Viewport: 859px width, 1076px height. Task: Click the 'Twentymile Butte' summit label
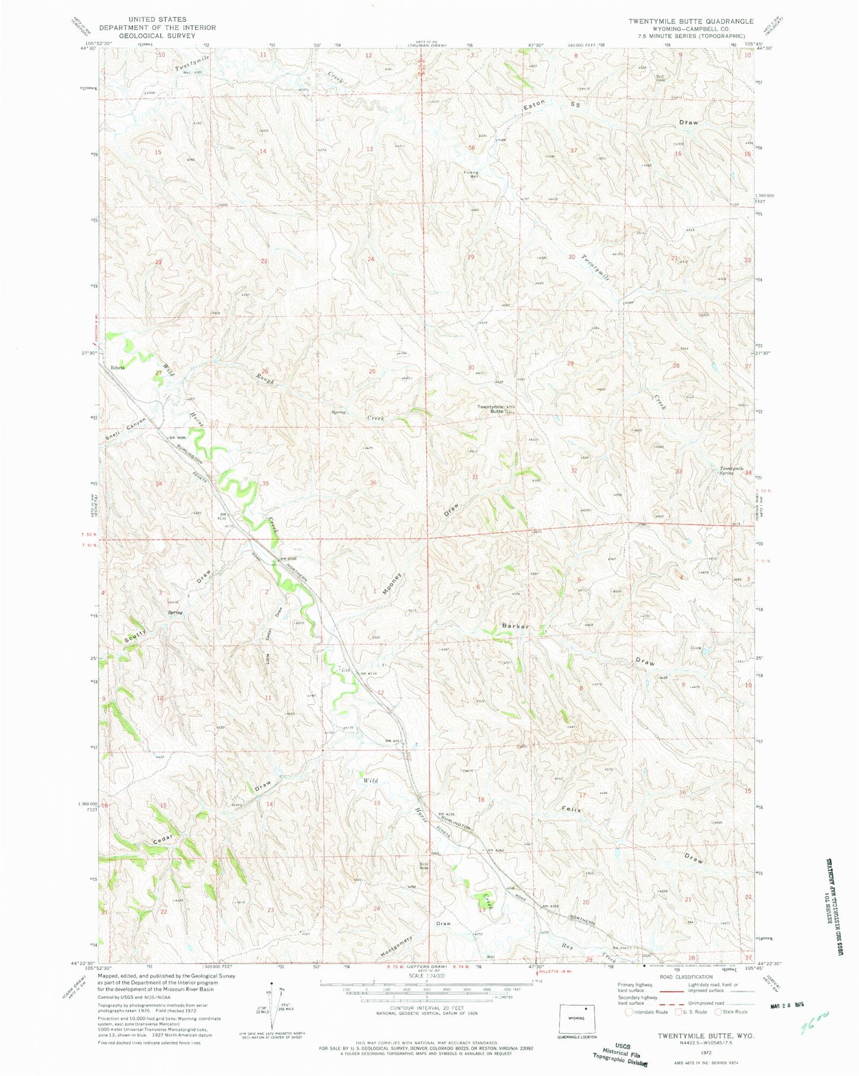point(490,410)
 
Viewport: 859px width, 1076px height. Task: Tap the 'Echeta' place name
point(117,367)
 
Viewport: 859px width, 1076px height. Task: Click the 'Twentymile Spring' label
point(732,470)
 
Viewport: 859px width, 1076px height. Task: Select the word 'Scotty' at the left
point(135,636)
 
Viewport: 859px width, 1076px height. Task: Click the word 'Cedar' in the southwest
point(162,840)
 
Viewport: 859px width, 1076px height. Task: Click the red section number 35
point(266,483)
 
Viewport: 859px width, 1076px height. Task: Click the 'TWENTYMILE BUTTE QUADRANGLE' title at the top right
point(691,21)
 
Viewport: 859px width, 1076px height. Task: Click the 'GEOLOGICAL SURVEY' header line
point(157,35)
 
